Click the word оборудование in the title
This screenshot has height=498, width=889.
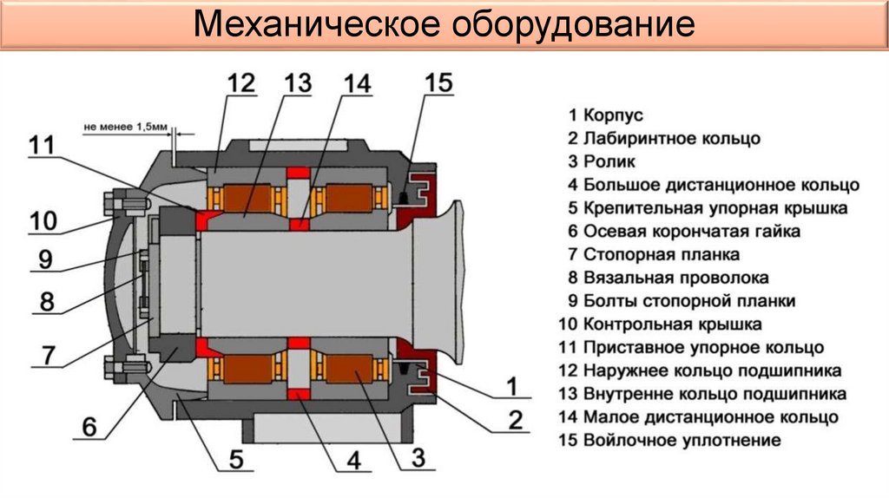pyautogui.click(x=571, y=26)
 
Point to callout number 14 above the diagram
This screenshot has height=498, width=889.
pyautogui.click(x=357, y=84)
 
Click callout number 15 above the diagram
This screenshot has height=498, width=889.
pyautogui.click(x=438, y=83)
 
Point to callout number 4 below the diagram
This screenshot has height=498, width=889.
pyautogui.click(x=353, y=459)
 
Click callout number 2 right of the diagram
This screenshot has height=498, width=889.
pyautogui.click(x=515, y=421)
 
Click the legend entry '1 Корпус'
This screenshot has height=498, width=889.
pyautogui.click(x=606, y=115)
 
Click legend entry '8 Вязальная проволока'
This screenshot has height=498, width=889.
pyautogui.click(x=668, y=278)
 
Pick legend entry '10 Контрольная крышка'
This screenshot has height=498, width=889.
pyautogui.click(x=661, y=324)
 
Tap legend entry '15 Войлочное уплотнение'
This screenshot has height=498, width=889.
pyautogui.click(x=670, y=440)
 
